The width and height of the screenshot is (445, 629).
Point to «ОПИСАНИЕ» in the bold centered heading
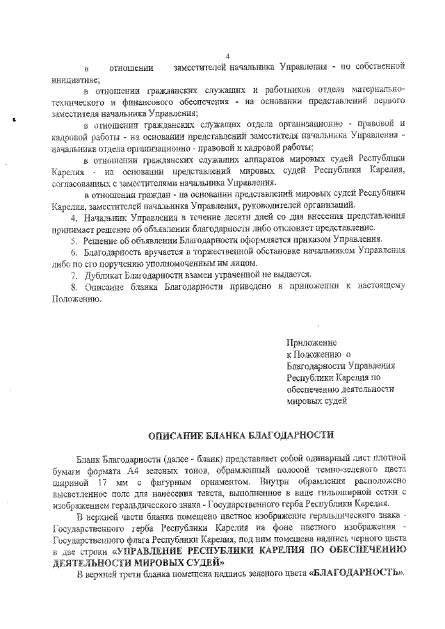179,436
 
